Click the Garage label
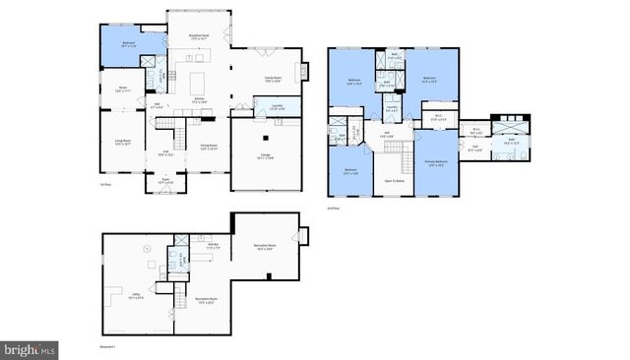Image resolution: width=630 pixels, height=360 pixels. [x=265, y=155]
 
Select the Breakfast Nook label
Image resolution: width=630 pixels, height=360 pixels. [x=201, y=37]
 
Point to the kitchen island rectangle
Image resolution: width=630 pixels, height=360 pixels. [x=198, y=78]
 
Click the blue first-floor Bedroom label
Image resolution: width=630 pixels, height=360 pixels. [x=129, y=44]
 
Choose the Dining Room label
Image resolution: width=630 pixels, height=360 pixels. [x=209, y=148]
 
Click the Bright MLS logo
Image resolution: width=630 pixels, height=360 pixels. [x=30, y=349]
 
